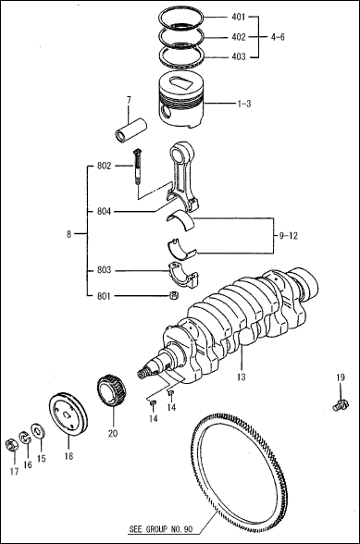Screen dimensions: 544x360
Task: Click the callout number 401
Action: (239, 18)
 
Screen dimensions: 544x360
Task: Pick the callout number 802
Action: (104, 167)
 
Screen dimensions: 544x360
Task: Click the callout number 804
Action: (104, 211)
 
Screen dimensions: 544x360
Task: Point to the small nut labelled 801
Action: (173, 296)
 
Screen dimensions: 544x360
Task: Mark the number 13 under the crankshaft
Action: (241, 377)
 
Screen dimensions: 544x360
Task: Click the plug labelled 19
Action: (339, 404)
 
